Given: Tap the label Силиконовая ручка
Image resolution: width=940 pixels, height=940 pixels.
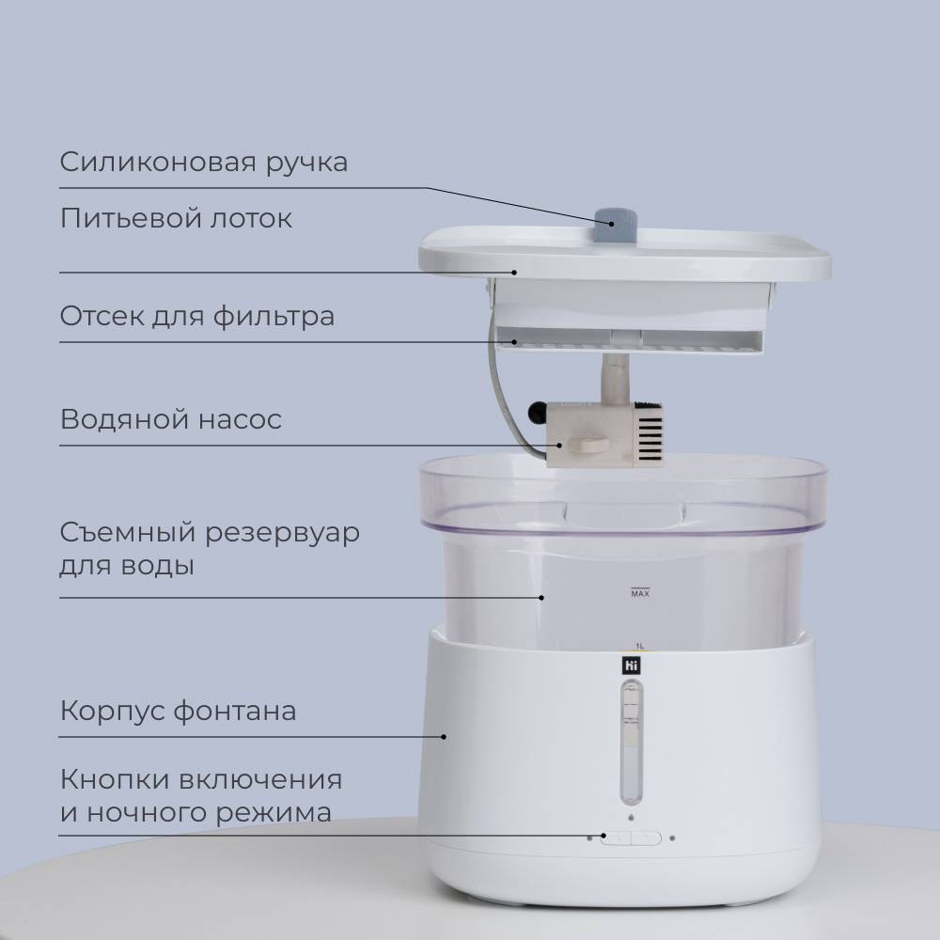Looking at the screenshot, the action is pos(204,163).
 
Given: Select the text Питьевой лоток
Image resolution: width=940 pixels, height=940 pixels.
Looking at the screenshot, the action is pos(176,218).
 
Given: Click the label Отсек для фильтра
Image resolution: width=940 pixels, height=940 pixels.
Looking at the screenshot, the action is pos(197,316).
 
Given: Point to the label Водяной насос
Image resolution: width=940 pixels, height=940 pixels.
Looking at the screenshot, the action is pos(171,419).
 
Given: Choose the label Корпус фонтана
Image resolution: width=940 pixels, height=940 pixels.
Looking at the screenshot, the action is pos(178,711).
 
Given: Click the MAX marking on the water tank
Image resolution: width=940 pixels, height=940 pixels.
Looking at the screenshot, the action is pos(640,593).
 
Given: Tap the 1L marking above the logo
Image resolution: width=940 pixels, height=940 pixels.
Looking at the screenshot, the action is pos(639,646).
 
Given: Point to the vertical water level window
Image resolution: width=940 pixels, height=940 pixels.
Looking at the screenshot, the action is pos(631,743).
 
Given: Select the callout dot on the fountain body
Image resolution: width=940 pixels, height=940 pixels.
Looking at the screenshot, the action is pos(444,737).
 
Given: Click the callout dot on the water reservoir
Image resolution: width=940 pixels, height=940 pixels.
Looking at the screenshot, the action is pos(541,598).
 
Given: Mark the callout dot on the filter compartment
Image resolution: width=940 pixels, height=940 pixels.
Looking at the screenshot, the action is pos(514,342).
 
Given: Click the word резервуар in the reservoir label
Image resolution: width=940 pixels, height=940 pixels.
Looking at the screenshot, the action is pos(282,533).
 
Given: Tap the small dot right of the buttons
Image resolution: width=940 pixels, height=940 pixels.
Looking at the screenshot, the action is pos(672,838).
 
